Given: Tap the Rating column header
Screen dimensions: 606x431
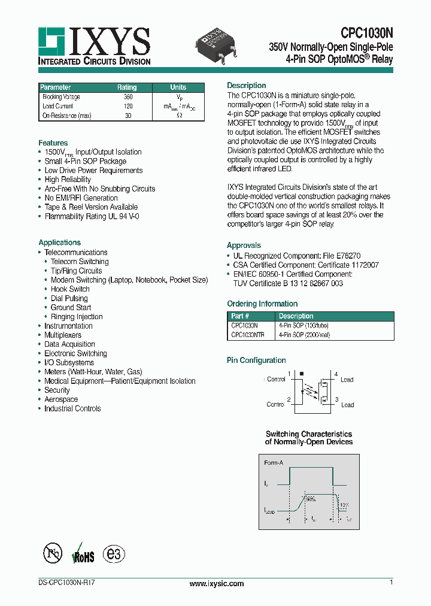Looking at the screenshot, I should click(x=127, y=87).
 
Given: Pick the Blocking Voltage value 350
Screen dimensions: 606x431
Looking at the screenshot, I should click(x=128, y=97).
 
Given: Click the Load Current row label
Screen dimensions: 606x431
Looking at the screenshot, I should click(x=58, y=106).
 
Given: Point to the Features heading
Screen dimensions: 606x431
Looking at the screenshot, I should click(x=53, y=143).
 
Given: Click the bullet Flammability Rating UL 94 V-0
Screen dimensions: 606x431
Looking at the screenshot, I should click(x=92, y=216).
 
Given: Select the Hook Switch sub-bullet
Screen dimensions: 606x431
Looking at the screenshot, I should click(x=70, y=289).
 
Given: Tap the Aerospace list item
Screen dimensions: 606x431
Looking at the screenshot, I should click(x=61, y=399).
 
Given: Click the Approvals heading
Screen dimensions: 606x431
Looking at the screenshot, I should click(x=244, y=246).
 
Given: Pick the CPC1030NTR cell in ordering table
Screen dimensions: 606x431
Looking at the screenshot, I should click(x=247, y=335).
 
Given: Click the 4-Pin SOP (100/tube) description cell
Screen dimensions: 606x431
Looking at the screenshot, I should click(x=303, y=326).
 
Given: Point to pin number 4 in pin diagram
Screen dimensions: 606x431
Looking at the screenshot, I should click(x=336, y=374).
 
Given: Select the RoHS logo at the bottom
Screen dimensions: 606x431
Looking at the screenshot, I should click(x=83, y=554).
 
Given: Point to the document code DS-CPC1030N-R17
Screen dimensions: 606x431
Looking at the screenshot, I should click(x=62, y=583).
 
